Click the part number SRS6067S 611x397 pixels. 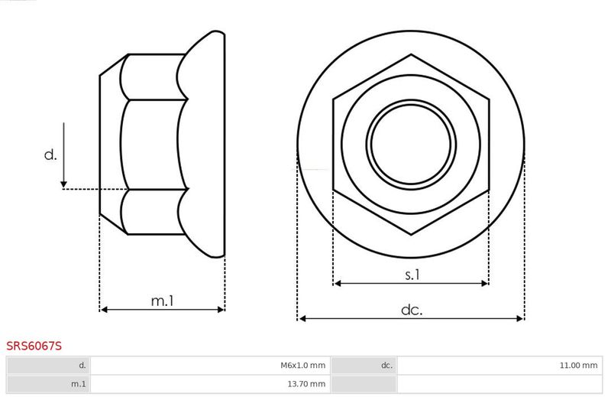pos(34,346)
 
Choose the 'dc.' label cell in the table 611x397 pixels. pos(364,366)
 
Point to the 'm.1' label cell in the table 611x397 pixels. pos(48,384)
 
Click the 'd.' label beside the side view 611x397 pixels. pos(50,155)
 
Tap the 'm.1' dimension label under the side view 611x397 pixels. pos(163,301)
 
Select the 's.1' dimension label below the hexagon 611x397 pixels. pos(412,275)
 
